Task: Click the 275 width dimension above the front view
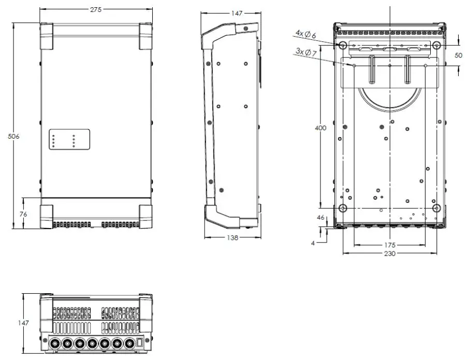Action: tap(96, 9)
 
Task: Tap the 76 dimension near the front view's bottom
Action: tap(15, 213)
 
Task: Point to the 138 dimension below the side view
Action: tap(232, 238)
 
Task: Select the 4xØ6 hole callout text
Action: tap(305, 34)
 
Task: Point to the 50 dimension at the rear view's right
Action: tap(459, 55)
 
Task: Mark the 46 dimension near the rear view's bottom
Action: tap(321, 218)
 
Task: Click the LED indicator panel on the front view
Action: tap(69, 139)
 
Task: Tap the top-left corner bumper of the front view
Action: tap(47, 36)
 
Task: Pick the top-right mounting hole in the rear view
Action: tap(436, 46)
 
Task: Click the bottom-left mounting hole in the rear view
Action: tap(342, 208)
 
